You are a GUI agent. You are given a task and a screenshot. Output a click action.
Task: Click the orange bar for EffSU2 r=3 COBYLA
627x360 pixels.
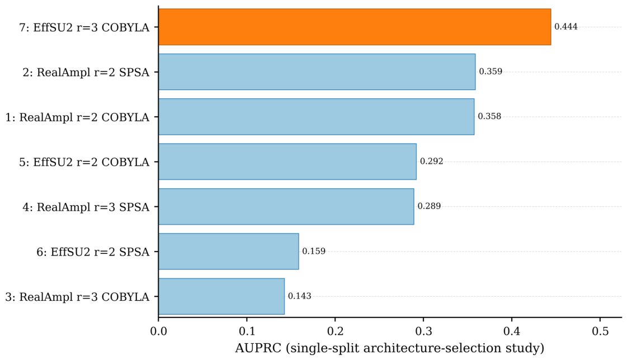coord(354,27)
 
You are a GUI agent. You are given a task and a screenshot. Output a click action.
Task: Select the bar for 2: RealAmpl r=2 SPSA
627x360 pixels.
coord(317,72)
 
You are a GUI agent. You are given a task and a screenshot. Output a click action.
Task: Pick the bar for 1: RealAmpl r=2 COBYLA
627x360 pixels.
coord(317,117)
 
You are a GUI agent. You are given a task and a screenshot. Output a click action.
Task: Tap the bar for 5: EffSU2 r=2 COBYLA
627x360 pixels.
coord(287,162)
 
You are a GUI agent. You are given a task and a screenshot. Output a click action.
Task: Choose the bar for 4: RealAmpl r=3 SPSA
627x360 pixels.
coord(286,207)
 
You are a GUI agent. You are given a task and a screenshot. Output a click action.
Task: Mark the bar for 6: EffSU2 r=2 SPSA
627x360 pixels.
coord(228,252)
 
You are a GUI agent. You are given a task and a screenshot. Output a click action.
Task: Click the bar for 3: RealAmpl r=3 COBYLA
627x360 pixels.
coord(221,296)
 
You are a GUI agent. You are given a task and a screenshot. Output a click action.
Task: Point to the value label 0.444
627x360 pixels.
coord(566,27)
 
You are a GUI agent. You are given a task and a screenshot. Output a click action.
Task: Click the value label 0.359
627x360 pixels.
coord(491,72)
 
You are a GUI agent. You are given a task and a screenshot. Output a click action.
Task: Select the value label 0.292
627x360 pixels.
coord(431,162)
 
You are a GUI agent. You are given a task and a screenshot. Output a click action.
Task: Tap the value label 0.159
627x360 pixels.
coord(314,252)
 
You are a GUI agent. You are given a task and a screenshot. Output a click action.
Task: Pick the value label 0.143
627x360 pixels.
coord(299,296)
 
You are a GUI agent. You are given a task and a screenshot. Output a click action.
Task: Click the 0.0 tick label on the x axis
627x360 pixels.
coord(158,331)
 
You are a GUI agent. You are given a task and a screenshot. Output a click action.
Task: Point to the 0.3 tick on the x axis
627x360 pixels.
coord(423,331)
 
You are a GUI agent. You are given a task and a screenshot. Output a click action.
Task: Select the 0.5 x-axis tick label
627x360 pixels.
coord(600,331)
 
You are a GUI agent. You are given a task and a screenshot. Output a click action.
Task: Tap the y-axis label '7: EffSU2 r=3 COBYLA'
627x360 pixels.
coord(84,27)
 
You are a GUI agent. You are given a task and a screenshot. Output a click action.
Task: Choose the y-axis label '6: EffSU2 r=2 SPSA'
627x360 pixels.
coord(93,252)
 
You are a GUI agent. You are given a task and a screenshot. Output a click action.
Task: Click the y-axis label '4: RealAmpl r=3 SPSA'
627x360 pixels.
coord(86,207)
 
